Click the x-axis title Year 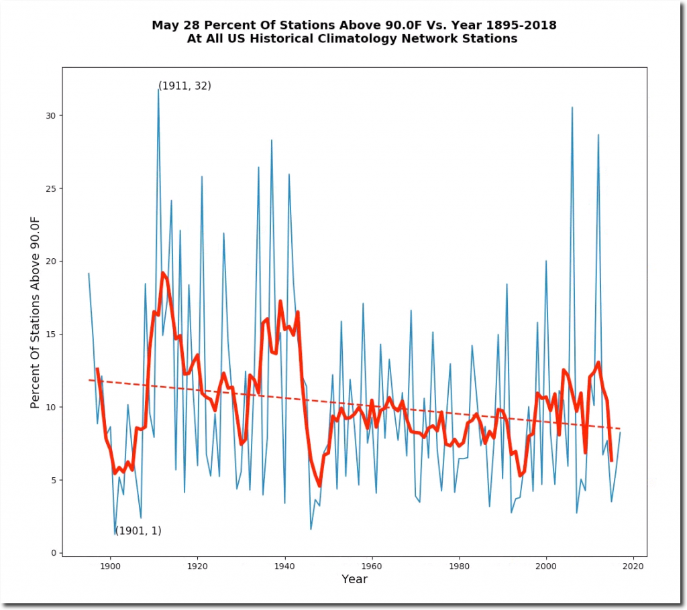point(354,579)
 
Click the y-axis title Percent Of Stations point(36,321)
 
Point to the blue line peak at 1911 point(158,89)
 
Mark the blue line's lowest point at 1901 point(115,534)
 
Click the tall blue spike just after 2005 point(572,107)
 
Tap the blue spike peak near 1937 point(272,140)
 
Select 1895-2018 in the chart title point(516,25)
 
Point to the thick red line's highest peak point(162,273)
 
